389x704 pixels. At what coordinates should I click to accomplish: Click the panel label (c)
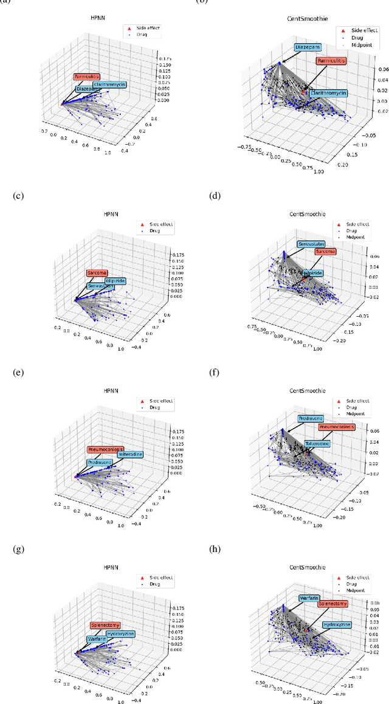click(x=16, y=196)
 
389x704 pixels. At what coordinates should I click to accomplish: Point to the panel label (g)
click(x=16, y=550)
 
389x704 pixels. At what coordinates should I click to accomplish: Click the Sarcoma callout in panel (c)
click(x=97, y=273)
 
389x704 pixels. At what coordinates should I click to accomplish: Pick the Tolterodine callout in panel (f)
click(x=317, y=443)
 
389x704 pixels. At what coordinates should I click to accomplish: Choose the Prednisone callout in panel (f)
click(x=311, y=419)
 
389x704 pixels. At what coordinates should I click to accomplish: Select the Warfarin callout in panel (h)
click(x=311, y=598)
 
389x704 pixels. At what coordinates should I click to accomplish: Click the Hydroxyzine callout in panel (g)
click(x=120, y=634)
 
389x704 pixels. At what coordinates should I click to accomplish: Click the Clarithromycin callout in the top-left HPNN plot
click(x=111, y=85)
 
